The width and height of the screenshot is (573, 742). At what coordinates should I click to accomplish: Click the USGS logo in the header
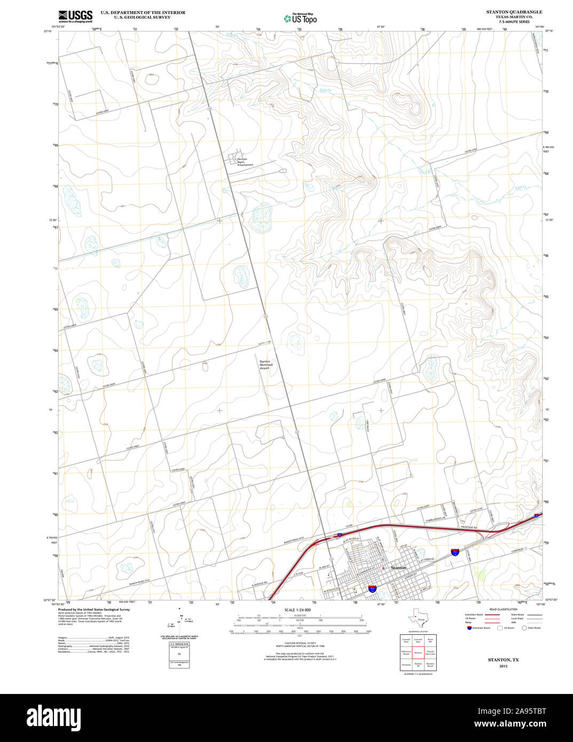coord(75,16)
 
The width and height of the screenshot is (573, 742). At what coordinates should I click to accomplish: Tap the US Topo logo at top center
coord(301,18)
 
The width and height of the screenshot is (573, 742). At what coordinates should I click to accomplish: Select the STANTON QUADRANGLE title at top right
coord(514,12)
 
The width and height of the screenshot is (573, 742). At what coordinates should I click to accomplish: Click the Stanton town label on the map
coord(398,567)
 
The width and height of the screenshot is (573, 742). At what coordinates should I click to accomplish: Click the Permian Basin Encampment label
coord(245,162)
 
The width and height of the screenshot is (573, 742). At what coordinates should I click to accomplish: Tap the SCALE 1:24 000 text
coord(297,610)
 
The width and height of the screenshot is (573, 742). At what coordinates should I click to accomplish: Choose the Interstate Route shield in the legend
coord(469,628)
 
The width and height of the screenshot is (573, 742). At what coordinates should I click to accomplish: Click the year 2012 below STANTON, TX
coord(503,666)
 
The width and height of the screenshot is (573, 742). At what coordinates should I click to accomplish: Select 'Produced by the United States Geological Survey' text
coord(94,609)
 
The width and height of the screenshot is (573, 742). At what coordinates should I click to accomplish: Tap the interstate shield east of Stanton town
coord(455,551)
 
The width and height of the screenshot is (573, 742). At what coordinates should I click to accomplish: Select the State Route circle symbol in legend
coord(524,628)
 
